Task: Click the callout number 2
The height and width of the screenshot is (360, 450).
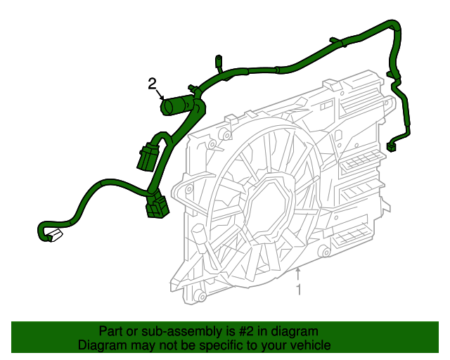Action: [x=152, y=84]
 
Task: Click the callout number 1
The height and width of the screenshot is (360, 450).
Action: [x=298, y=289]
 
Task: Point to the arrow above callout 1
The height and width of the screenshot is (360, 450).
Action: [x=298, y=274]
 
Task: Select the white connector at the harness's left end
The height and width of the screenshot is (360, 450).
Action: [x=53, y=235]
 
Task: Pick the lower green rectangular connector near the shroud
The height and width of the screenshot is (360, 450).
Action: [x=157, y=207]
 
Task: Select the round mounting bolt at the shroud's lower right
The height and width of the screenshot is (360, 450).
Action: [x=323, y=252]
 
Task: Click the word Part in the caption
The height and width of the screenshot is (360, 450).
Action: [x=111, y=331]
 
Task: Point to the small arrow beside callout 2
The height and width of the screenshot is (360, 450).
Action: [x=161, y=96]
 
